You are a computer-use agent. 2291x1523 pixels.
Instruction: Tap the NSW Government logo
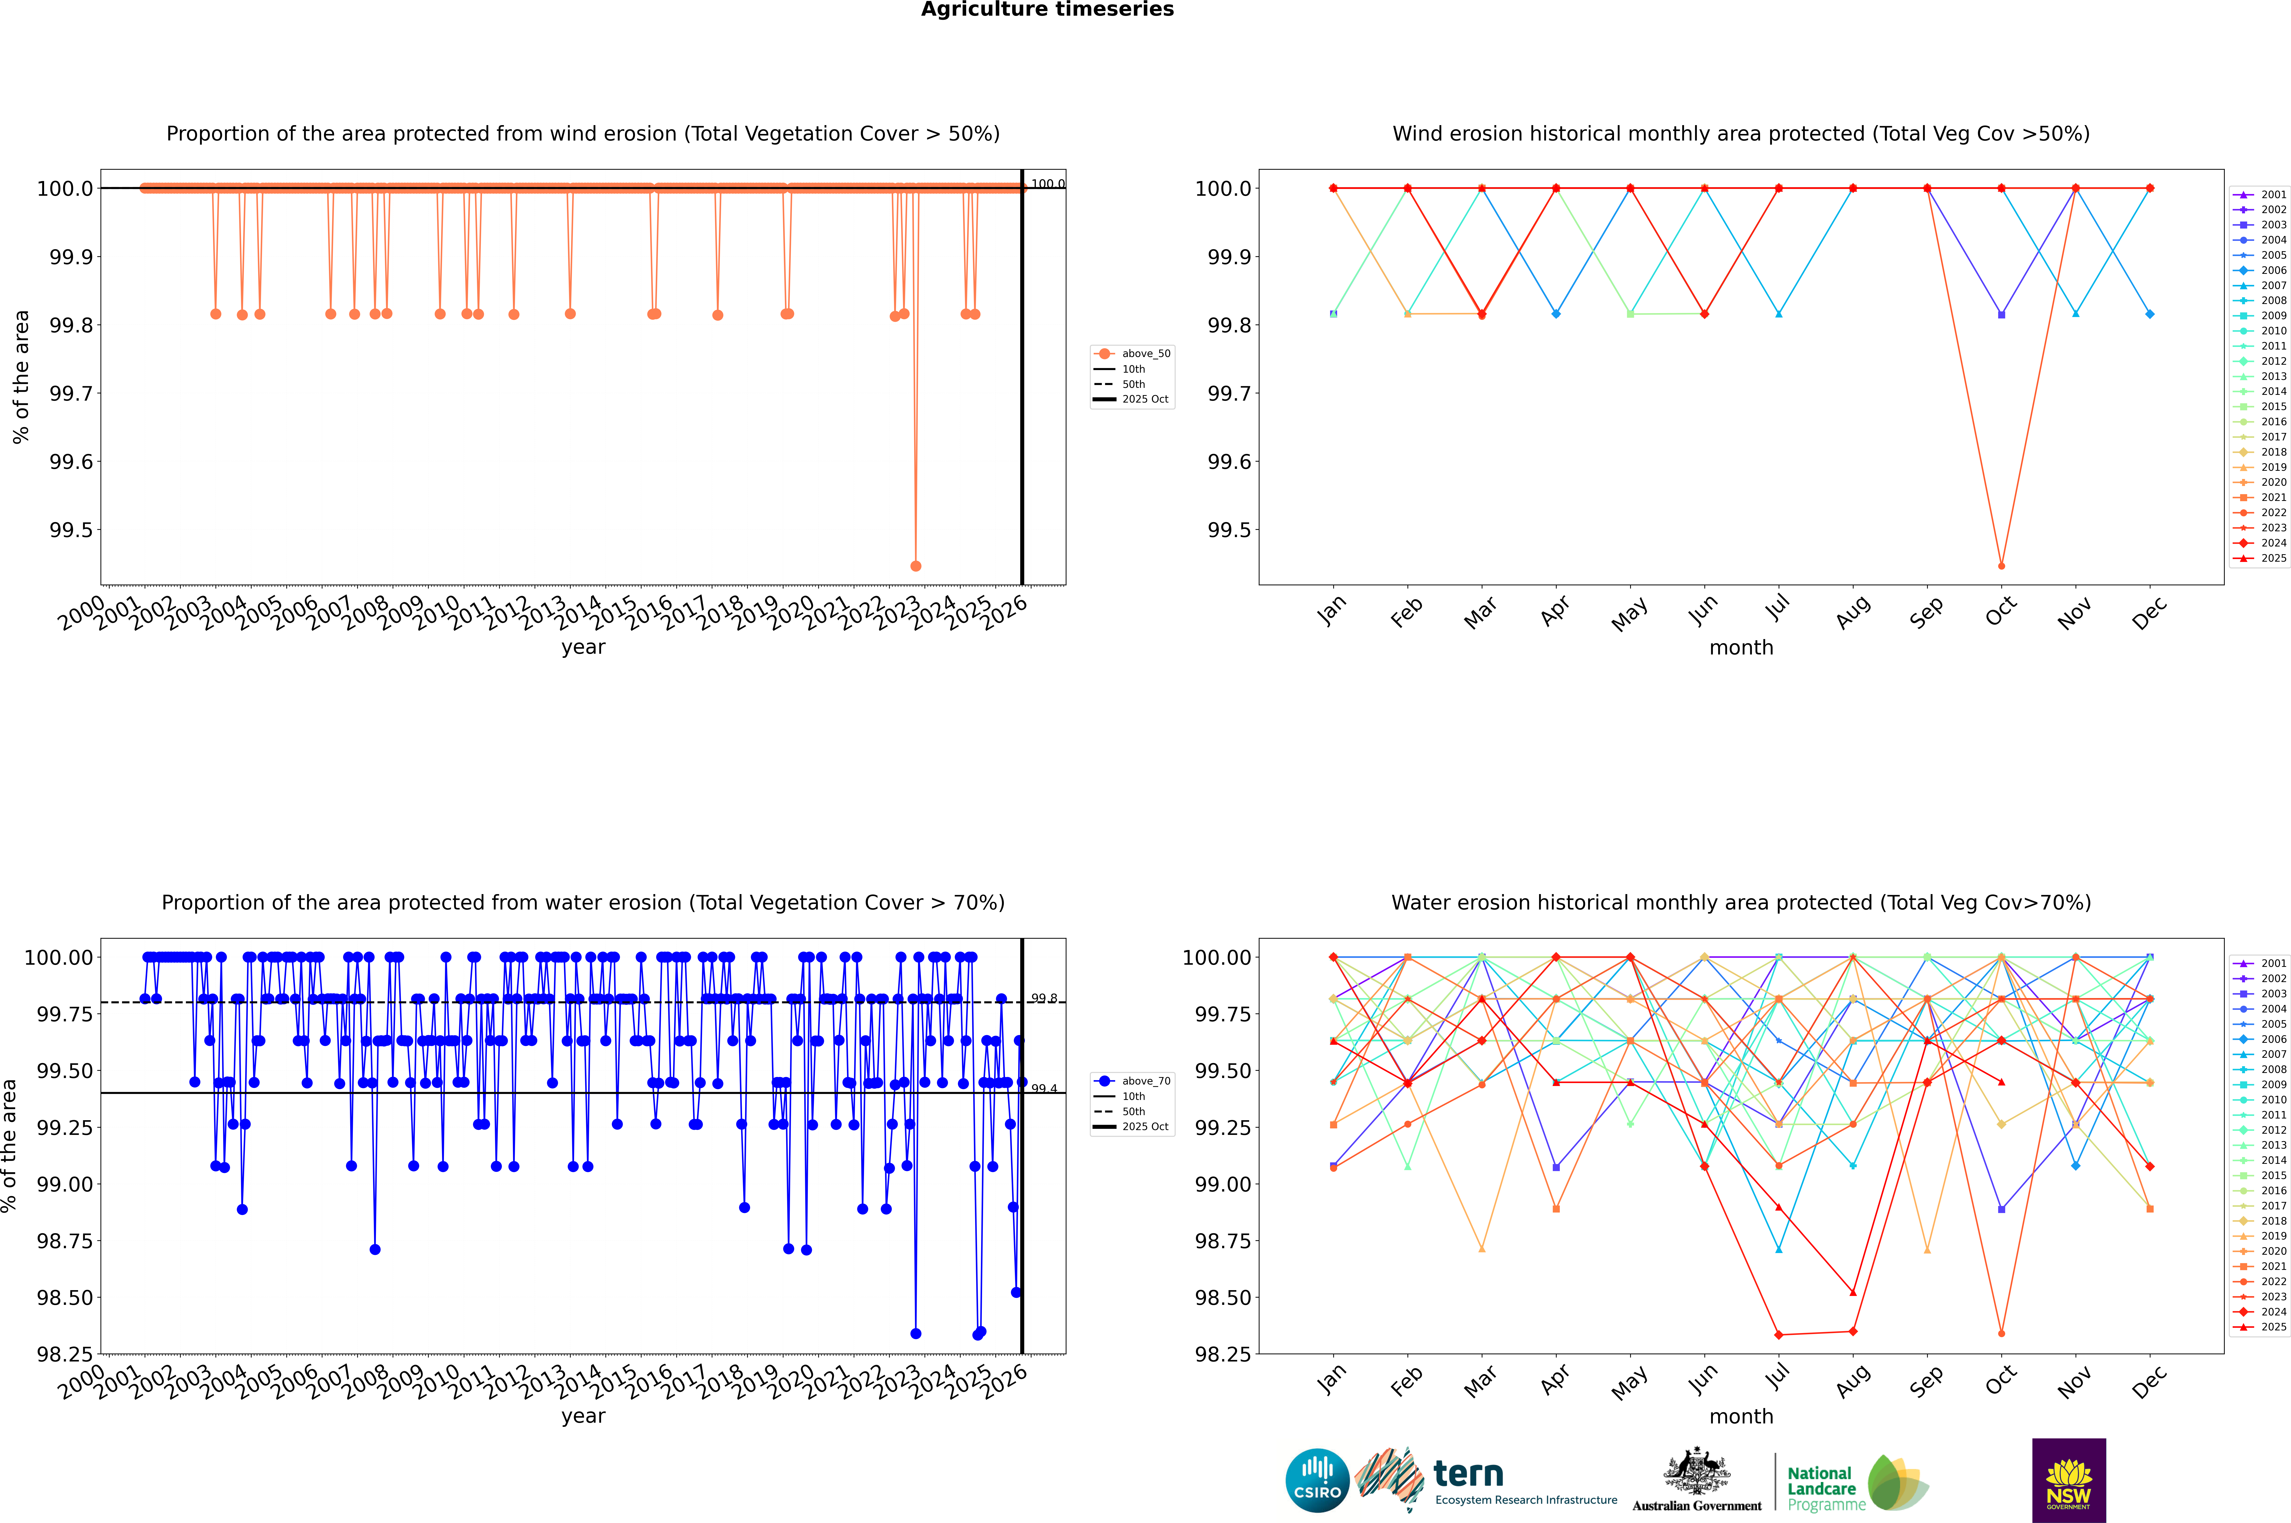pos(2069,1480)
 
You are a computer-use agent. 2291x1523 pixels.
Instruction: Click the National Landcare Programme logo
pos(1857,1483)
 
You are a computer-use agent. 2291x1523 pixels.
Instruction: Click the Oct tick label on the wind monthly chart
pos(2001,612)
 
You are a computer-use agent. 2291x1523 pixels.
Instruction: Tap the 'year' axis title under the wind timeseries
pos(583,647)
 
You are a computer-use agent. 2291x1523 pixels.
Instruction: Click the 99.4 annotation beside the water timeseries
pos(1044,1089)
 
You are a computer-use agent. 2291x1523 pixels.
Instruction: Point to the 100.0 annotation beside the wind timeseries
pos(1047,184)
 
